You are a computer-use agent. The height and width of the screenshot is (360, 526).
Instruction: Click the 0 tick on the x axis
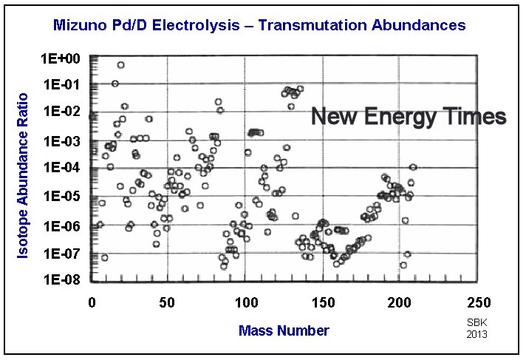(x=92, y=302)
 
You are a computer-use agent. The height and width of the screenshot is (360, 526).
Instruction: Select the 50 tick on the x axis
(x=168, y=302)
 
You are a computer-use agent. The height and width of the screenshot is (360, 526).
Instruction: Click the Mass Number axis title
(x=284, y=330)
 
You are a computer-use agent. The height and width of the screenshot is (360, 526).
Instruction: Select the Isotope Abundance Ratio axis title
(x=24, y=175)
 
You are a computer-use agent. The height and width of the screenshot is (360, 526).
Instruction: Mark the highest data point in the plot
(x=120, y=65)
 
